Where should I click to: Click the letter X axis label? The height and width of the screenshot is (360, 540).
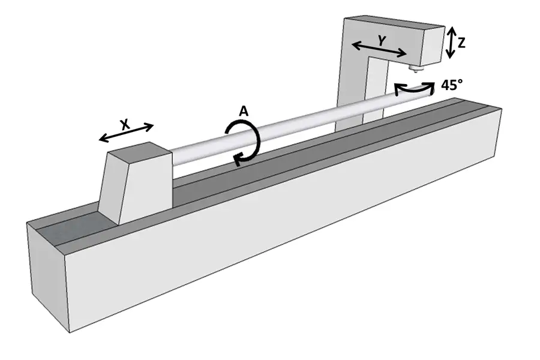click(125, 124)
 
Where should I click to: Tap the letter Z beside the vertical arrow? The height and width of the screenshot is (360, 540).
click(461, 43)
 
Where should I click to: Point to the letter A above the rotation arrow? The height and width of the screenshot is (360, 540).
click(244, 111)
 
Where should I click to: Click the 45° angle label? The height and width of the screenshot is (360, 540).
click(452, 85)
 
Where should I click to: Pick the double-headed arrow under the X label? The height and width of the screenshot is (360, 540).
click(126, 133)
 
